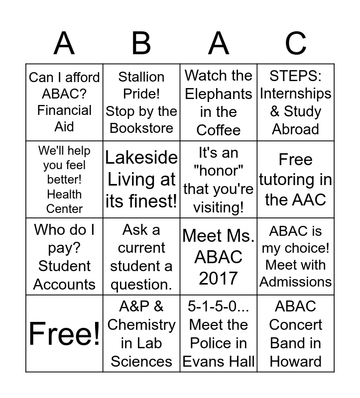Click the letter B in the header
[x=141, y=43]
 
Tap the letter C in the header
[x=295, y=43]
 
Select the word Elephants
[x=219, y=94]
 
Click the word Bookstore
[x=141, y=128]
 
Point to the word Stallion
[x=141, y=77]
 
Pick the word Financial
[x=64, y=110]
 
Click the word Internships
[x=295, y=94]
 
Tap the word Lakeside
[x=141, y=158]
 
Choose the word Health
[x=64, y=194]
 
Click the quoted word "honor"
[x=219, y=171]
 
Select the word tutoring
[x=295, y=180]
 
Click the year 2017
[x=219, y=279]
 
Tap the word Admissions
[x=295, y=282]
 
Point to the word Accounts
[x=64, y=284]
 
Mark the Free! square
[x=64, y=333]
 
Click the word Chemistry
[x=141, y=325]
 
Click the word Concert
[x=295, y=325]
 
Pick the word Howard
[x=295, y=361]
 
